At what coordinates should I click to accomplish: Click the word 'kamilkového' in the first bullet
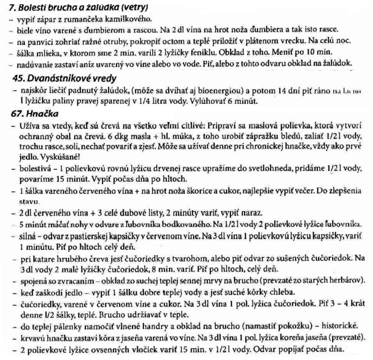tap(130, 19)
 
